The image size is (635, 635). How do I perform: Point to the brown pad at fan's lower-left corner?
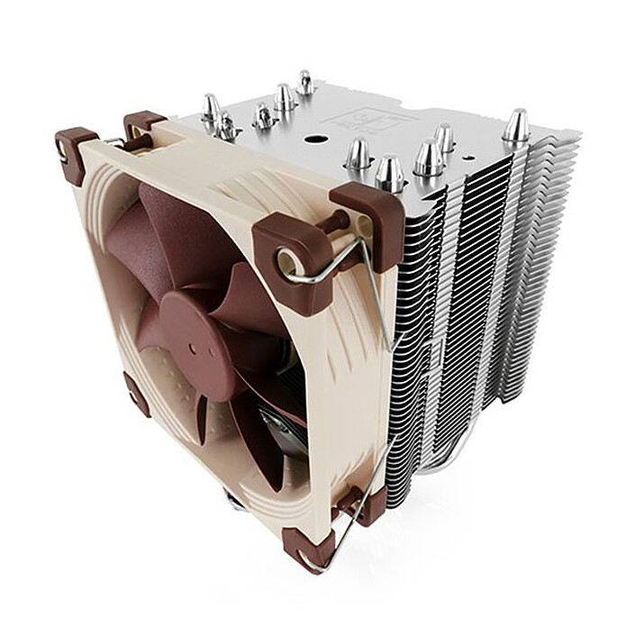click(x=138, y=395)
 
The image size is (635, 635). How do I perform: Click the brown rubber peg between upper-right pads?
click(x=338, y=220)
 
